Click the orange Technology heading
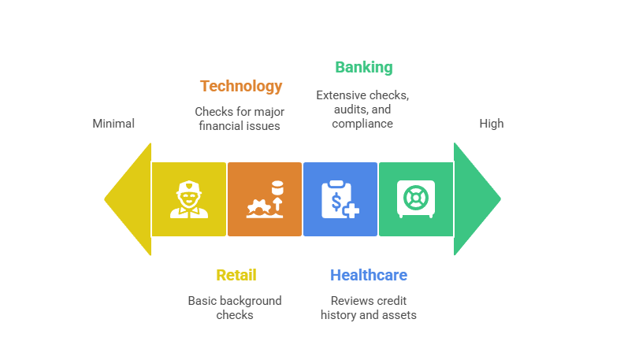pyautogui.click(x=241, y=86)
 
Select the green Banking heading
pyautogui.click(x=364, y=67)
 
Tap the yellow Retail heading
pyautogui.click(x=236, y=275)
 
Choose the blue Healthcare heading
pyautogui.click(x=369, y=275)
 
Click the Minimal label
pyautogui.click(x=113, y=124)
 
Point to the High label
pyautogui.click(x=492, y=124)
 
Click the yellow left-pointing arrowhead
pyautogui.click(x=128, y=199)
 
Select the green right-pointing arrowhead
pyautogui.click(x=477, y=199)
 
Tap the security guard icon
pyautogui.click(x=189, y=199)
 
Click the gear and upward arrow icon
pyautogui.click(x=265, y=199)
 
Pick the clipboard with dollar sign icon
pyautogui.click(x=340, y=199)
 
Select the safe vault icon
pyautogui.click(x=416, y=199)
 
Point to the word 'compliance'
pyautogui.click(x=362, y=124)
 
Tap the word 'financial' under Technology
pyautogui.click(x=217, y=126)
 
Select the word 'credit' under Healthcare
pyautogui.click(x=392, y=301)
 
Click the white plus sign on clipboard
pyautogui.click(x=351, y=210)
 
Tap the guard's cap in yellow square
pyautogui.click(x=189, y=187)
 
